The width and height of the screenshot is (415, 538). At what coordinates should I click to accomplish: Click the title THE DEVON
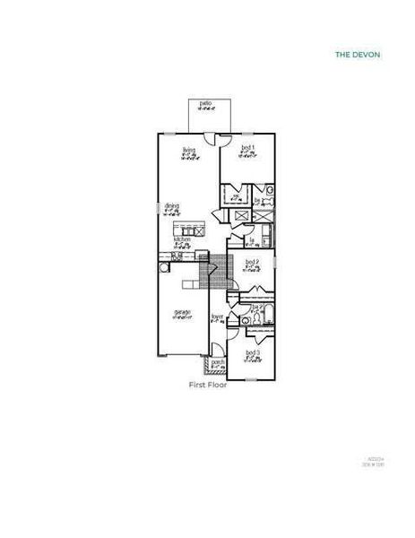(x=358, y=55)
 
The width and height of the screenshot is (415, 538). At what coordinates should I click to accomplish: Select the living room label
(x=189, y=150)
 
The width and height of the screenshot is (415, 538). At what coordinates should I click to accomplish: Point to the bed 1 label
(x=248, y=148)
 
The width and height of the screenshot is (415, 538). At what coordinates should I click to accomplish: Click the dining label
(x=171, y=206)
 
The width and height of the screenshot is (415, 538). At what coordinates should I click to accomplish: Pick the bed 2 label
(x=252, y=262)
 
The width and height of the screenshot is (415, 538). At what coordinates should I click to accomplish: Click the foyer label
(x=217, y=317)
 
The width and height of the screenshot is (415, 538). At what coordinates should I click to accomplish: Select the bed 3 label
(x=252, y=353)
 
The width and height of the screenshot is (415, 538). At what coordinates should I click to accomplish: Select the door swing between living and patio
(x=210, y=138)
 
